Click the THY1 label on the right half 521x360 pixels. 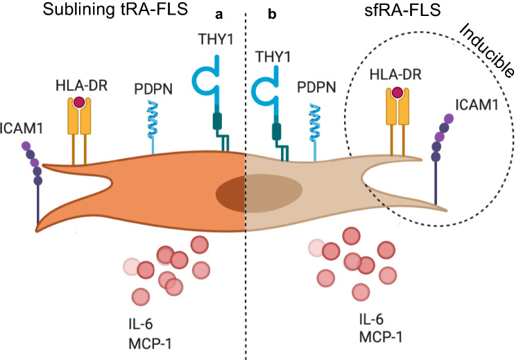click(273, 55)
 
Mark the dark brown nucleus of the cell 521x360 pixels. click(243, 189)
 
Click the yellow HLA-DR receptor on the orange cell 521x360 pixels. click(78, 125)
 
